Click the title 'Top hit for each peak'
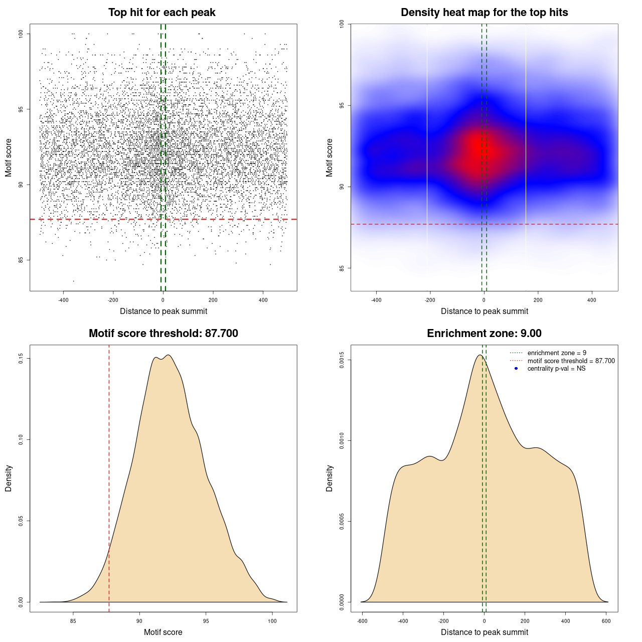162,13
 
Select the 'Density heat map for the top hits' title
484,13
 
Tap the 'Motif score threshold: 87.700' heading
163,334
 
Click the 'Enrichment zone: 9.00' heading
484,334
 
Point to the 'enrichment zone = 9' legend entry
557,353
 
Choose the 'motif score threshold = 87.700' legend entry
571,361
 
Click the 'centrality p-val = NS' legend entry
556,369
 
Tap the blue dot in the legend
516,369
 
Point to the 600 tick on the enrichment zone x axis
606,621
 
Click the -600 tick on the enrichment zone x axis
362,621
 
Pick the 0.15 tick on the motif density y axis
21,359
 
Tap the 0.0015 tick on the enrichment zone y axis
342,360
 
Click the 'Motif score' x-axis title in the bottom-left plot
163,632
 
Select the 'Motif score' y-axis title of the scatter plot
9,157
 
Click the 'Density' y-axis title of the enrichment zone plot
330,478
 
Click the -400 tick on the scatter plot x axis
63,300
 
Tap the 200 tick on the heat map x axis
538,300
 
